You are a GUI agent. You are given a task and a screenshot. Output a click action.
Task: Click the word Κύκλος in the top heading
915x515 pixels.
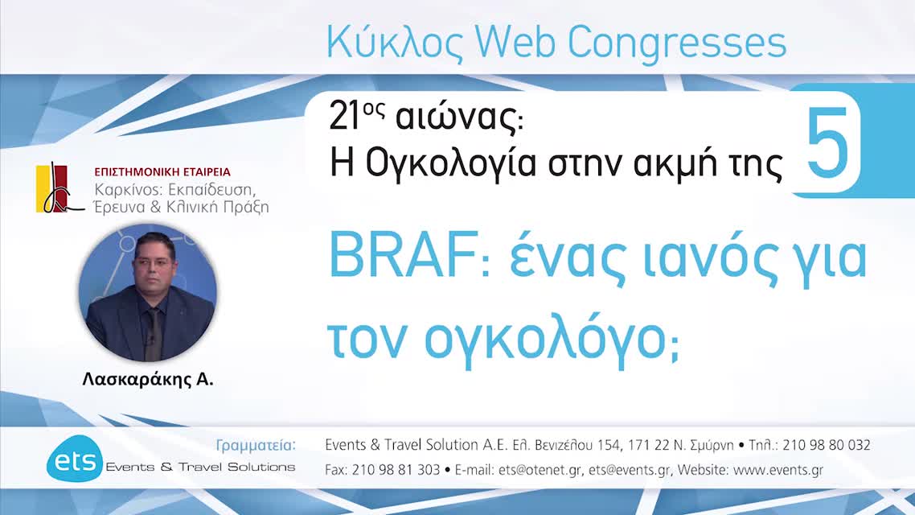click(x=395, y=43)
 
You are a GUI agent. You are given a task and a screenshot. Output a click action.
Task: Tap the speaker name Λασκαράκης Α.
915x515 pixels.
click(x=147, y=380)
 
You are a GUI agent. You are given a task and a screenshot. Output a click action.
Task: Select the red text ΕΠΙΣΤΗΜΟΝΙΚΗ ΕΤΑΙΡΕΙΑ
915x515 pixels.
click(x=162, y=172)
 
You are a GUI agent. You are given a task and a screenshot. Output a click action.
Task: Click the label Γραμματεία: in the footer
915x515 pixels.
click(x=256, y=445)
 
